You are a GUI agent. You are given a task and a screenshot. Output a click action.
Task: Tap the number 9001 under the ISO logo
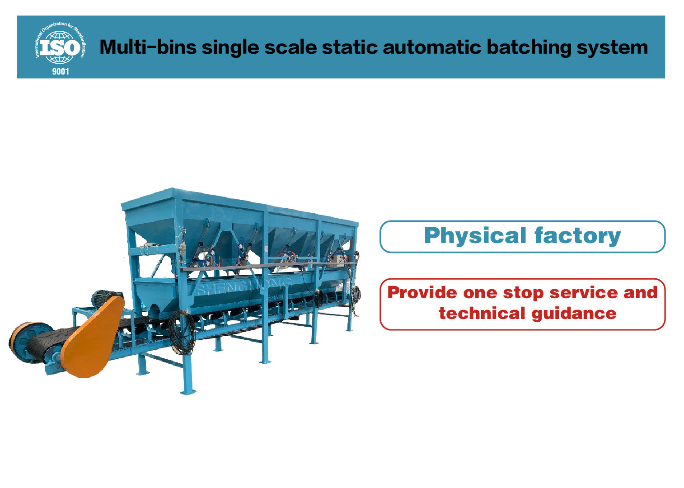tap(61, 71)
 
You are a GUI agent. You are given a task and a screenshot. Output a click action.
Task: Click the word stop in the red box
tap(523, 293)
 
